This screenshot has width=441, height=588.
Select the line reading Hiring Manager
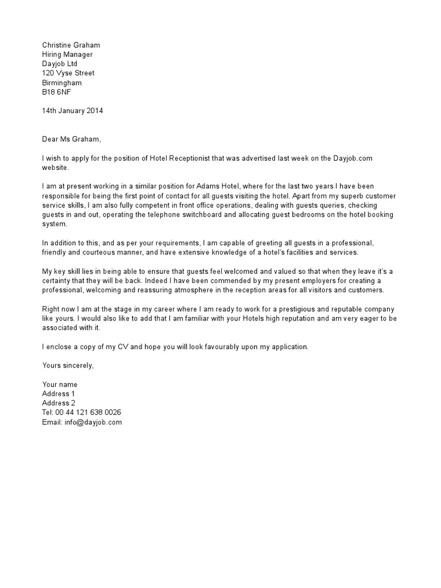point(67,55)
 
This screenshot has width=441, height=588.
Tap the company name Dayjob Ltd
point(60,64)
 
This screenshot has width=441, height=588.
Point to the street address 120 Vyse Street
point(68,73)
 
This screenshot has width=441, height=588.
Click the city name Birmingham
point(62,83)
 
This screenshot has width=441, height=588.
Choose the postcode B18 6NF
point(57,92)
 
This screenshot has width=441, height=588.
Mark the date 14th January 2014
point(72,111)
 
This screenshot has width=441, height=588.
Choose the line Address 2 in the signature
point(59,403)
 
